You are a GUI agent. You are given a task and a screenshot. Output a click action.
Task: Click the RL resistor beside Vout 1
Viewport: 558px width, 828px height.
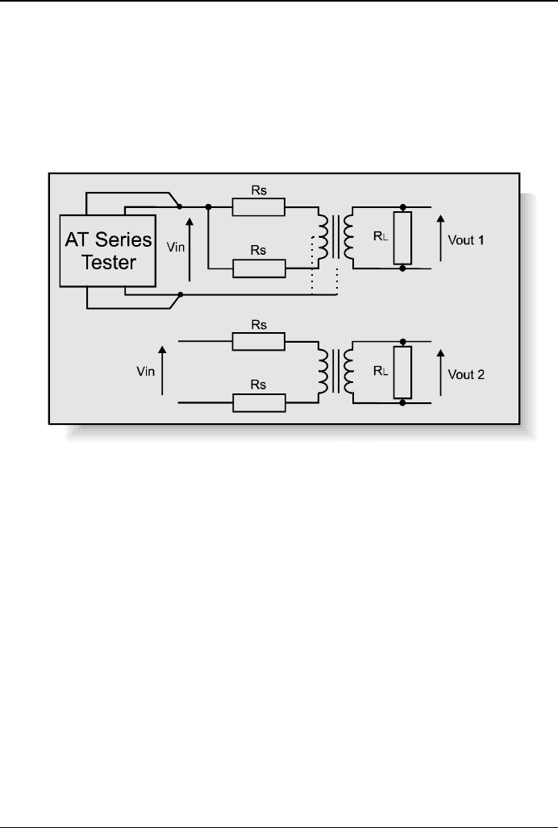[x=402, y=239]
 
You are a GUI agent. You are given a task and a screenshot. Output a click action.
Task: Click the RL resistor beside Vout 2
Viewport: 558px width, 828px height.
[x=402, y=372]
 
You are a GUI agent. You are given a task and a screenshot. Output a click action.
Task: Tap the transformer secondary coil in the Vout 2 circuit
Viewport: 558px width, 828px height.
[x=349, y=372]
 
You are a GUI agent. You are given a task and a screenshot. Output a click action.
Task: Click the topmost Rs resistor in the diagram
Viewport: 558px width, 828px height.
[x=258, y=207]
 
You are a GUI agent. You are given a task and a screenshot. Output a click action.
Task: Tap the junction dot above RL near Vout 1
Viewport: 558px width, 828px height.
[x=402, y=207]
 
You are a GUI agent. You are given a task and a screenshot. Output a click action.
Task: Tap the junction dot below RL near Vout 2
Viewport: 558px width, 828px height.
[x=402, y=402]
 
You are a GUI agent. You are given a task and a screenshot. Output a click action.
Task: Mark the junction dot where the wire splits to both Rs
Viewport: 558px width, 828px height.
[x=208, y=207]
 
